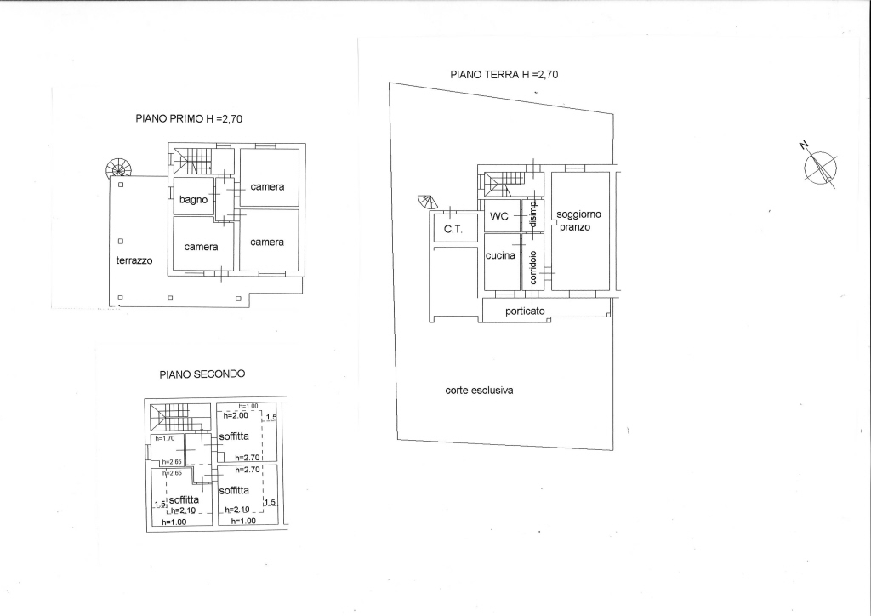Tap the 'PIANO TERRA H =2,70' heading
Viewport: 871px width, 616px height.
point(504,74)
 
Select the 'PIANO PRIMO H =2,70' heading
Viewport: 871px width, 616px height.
point(189,118)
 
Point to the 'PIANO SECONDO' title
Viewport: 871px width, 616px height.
point(202,374)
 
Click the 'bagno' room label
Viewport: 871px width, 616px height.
point(193,199)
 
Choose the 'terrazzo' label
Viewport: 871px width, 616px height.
point(134,260)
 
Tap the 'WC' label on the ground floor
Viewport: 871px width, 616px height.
point(498,216)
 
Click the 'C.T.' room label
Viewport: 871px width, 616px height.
point(453,229)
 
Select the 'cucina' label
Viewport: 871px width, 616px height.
point(500,255)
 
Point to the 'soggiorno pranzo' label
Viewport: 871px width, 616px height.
point(578,220)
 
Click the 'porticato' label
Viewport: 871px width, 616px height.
point(525,311)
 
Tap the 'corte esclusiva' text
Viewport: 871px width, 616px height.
point(479,391)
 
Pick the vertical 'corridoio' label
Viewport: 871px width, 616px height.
point(533,268)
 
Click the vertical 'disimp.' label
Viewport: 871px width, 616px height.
point(533,214)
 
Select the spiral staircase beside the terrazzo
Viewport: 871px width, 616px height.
point(118,168)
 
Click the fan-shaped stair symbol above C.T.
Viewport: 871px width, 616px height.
point(428,202)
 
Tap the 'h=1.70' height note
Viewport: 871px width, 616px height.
point(165,438)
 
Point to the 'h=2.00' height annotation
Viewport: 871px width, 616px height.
point(236,415)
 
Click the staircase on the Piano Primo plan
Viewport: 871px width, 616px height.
point(192,161)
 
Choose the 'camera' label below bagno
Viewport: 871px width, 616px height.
point(201,247)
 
